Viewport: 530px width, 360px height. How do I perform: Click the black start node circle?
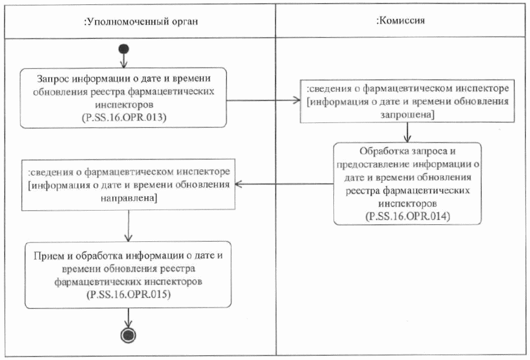[124, 49]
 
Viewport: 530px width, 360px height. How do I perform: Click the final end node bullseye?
[129, 334]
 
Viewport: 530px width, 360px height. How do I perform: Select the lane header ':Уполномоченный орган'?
[141, 21]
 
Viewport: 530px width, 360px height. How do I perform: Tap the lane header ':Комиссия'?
[400, 20]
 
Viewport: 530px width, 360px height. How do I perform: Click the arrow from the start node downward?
[124, 60]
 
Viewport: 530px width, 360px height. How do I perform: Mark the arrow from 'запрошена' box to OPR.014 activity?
[407, 132]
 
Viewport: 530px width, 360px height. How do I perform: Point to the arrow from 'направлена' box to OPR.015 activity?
[129, 226]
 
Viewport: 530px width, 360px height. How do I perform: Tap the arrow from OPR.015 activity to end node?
[129, 317]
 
